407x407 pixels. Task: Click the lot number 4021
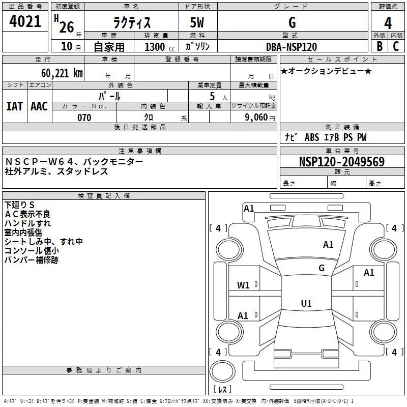(25, 21)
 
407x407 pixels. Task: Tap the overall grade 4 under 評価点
(388, 23)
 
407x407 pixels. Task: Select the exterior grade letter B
(380, 46)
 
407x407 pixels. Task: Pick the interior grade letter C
(396, 46)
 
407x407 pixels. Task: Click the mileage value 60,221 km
(62, 73)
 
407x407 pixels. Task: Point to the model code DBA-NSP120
(292, 47)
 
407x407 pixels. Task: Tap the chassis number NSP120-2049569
(342, 161)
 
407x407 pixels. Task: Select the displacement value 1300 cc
(160, 47)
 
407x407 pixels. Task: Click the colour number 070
(84, 118)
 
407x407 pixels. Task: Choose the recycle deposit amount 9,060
(256, 118)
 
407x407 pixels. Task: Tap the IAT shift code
(14, 106)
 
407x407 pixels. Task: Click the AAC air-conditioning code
(39, 106)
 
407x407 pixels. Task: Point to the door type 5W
(197, 22)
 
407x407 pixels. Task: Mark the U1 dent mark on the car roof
(306, 303)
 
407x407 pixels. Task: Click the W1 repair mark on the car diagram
(243, 285)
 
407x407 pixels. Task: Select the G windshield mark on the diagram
(322, 268)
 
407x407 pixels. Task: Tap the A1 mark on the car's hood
(328, 245)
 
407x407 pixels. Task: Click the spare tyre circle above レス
(222, 371)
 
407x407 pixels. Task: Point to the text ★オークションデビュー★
(326, 71)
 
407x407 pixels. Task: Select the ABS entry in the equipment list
(312, 137)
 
